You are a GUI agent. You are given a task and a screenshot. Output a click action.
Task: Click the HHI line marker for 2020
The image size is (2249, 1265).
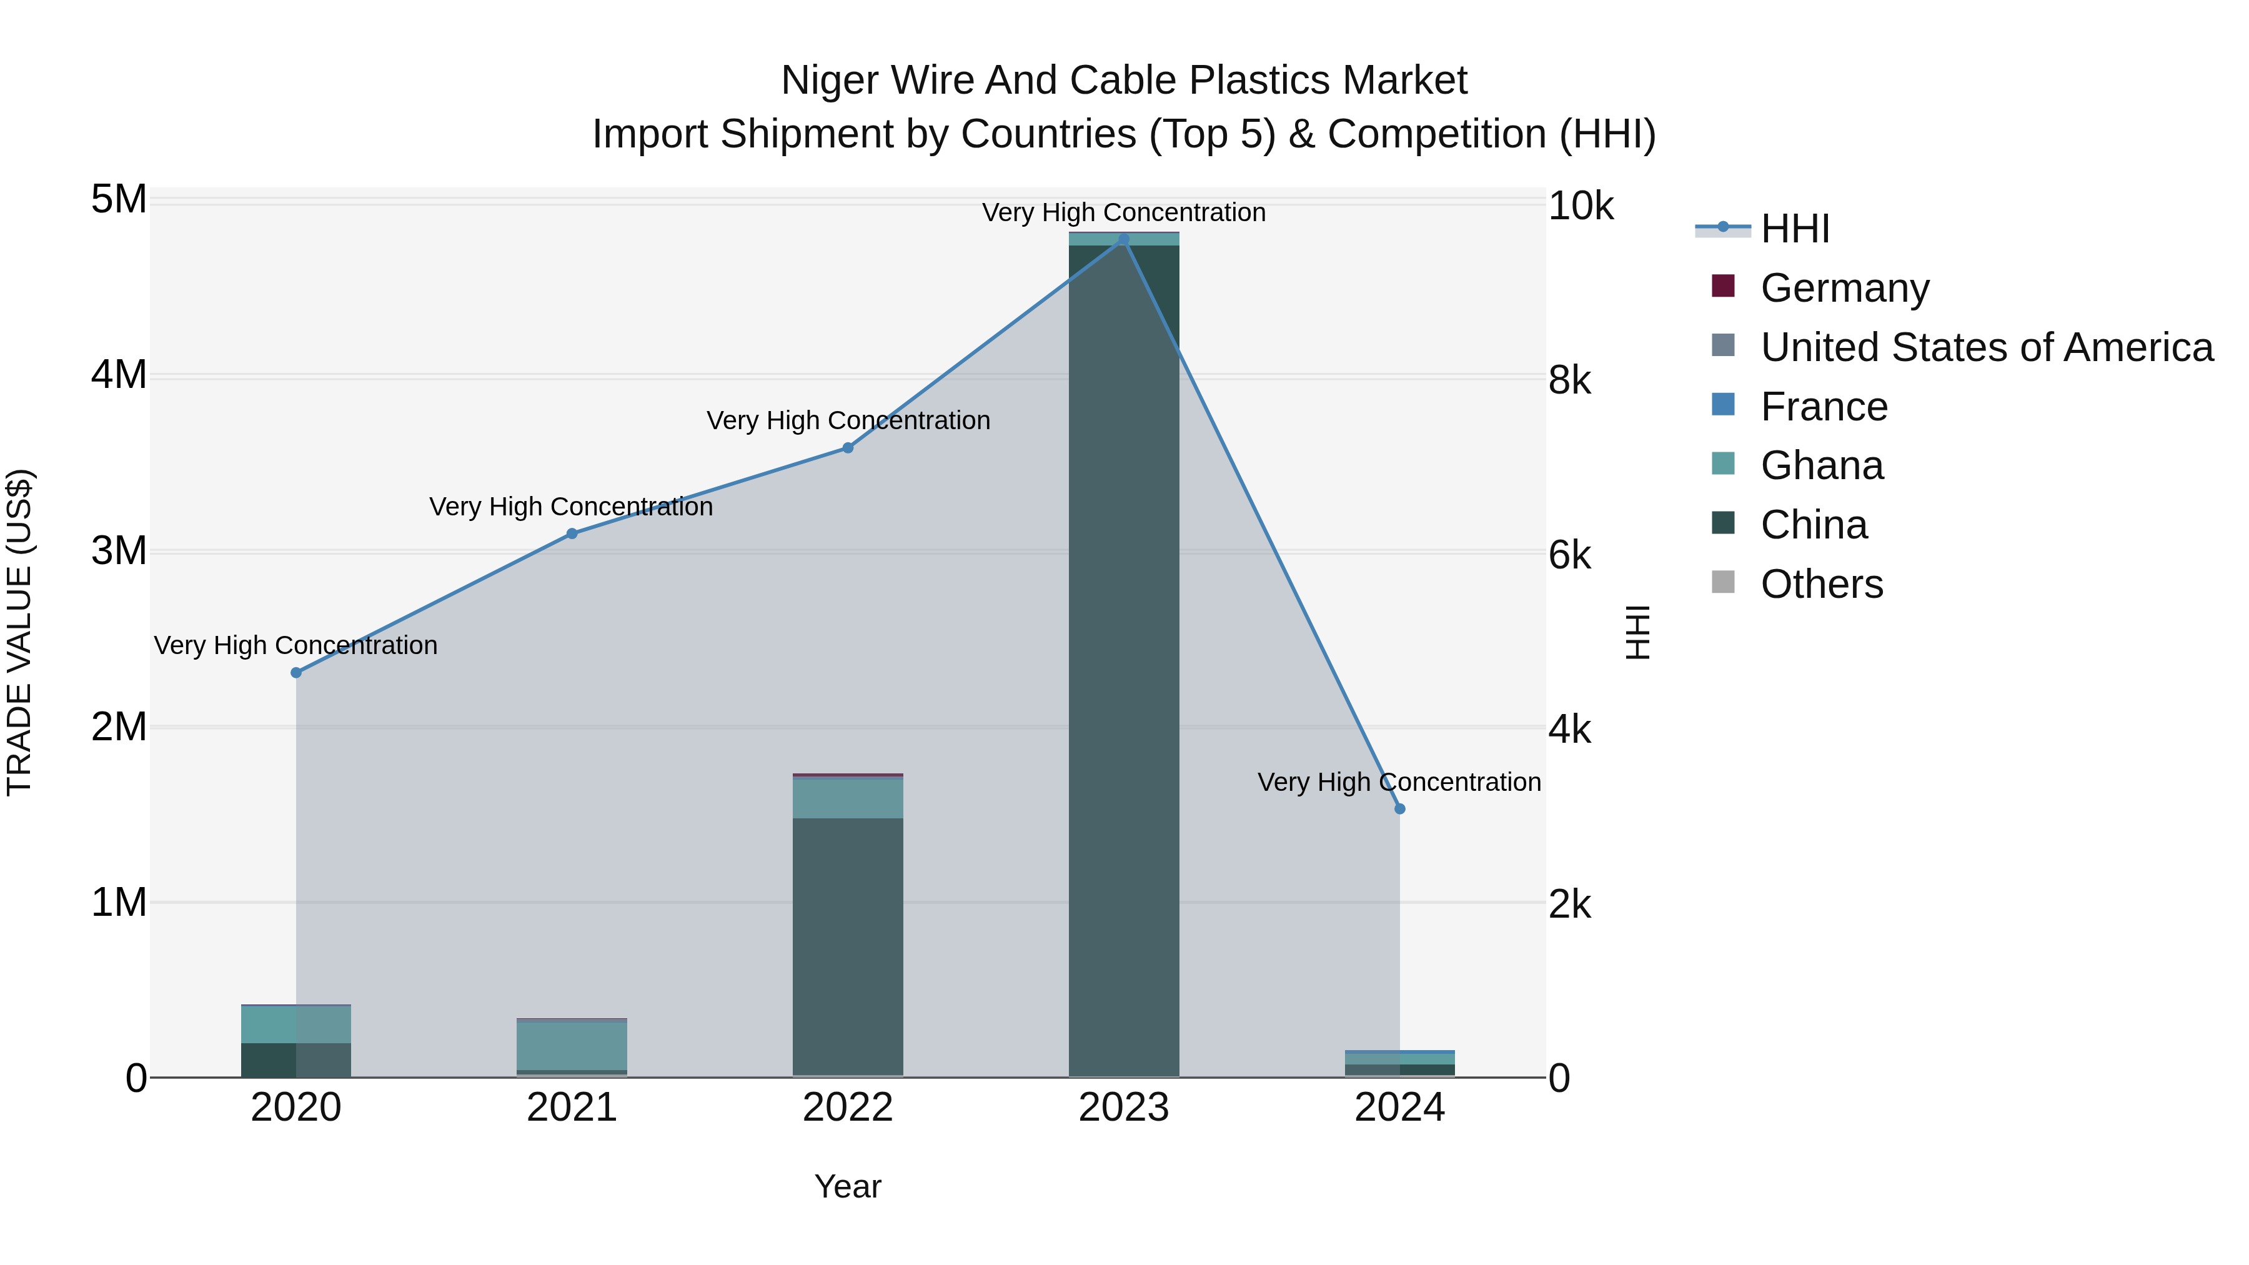pos(296,672)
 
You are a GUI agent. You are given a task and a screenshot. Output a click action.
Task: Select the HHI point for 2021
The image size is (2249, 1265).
pos(572,533)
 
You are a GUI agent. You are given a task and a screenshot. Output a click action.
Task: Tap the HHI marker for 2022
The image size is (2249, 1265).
pos(848,448)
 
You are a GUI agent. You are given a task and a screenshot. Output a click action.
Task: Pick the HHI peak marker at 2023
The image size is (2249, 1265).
pos(1124,239)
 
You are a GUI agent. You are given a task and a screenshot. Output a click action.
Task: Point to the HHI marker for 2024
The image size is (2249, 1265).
pos(1399,809)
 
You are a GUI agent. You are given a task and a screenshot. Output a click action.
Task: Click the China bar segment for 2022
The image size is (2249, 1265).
pos(848,947)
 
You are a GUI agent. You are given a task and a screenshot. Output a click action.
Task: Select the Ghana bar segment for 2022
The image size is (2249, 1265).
pos(848,798)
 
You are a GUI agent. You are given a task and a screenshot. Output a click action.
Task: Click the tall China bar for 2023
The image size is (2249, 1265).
pos(1124,663)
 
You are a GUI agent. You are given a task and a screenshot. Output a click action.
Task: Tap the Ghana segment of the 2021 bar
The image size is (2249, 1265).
pos(572,1046)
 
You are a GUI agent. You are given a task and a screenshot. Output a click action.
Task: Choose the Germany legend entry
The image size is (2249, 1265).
pos(1844,288)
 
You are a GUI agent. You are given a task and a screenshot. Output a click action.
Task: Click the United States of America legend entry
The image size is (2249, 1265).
pos(1986,347)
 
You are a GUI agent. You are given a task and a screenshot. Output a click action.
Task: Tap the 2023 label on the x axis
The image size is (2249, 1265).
pos(1124,1108)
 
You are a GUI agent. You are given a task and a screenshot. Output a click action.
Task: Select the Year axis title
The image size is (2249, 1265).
pos(848,1186)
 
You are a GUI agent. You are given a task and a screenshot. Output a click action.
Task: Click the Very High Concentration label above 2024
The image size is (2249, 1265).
pos(1399,782)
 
